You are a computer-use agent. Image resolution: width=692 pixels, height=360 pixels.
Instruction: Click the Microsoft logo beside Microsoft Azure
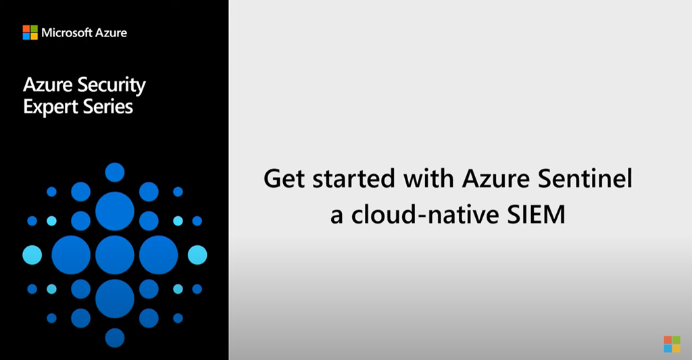coord(30,32)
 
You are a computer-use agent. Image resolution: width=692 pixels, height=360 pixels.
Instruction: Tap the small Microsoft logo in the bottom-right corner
coord(672,343)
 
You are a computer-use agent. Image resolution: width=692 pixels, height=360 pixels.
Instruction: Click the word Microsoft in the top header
coord(66,32)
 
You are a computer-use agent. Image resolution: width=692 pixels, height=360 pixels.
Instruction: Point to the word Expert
coord(48,106)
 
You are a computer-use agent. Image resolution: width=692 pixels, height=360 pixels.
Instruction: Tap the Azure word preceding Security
coord(46,85)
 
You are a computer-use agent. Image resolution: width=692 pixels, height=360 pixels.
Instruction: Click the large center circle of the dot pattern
coord(115,255)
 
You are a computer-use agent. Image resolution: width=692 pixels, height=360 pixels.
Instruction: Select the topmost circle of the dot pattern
coord(115,172)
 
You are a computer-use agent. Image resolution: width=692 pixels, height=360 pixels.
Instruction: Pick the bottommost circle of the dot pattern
coord(115,337)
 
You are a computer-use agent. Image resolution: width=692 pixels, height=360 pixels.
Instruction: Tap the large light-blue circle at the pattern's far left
coord(32,255)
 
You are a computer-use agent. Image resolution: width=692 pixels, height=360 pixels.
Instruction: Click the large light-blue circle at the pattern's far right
coord(197,255)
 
